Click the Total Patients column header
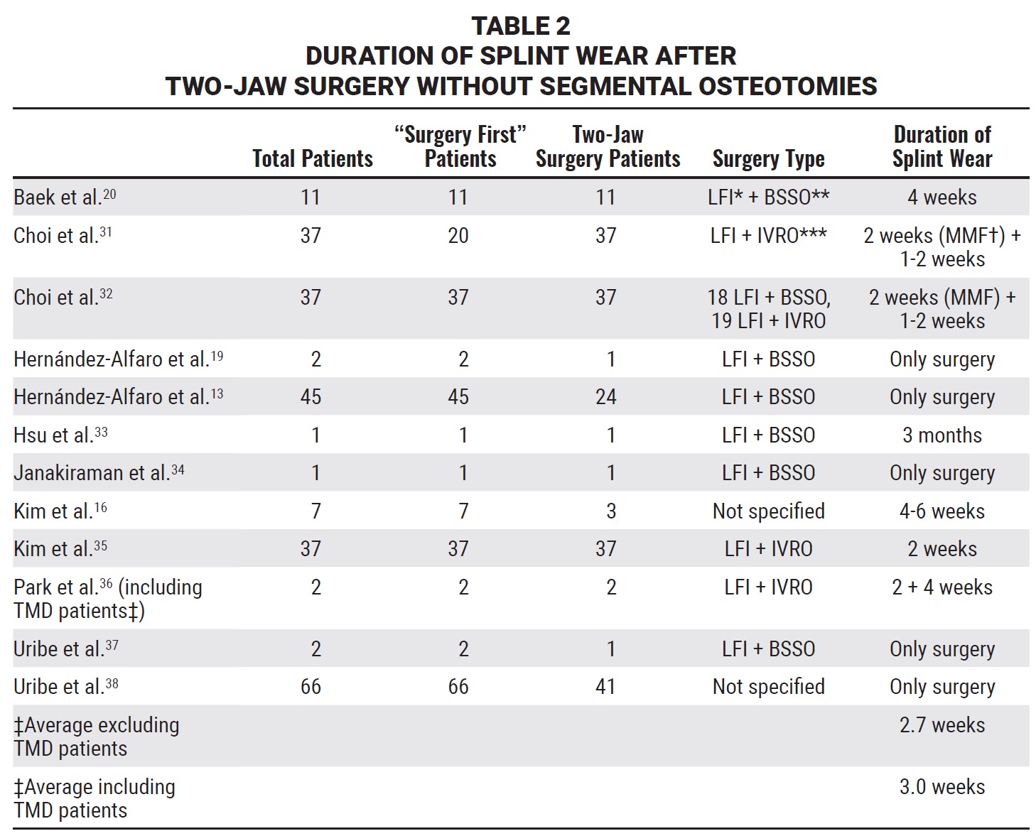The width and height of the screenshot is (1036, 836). coord(312,158)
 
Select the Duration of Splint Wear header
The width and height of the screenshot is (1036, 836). coord(942,146)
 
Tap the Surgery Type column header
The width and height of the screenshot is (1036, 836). coord(769,158)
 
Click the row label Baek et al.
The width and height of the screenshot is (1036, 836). coord(65,197)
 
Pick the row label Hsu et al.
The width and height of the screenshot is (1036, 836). coord(60,435)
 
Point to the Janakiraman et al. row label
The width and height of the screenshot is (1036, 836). coord(99,472)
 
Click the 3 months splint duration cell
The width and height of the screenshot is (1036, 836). coord(942,435)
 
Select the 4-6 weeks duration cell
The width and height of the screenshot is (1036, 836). coord(942,511)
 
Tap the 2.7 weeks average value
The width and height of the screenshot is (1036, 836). coord(942,724)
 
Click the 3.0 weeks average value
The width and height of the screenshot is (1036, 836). coord(942,786)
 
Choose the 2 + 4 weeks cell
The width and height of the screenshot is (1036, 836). coord(942,587)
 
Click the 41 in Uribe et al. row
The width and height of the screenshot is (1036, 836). coord(605,686)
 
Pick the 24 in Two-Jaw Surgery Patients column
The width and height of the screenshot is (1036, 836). coord(605,396)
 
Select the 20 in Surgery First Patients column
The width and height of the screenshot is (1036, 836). coord(458,235)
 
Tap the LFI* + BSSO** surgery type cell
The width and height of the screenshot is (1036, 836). coord(769,197)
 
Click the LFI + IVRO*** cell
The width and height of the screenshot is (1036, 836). coord(769,235)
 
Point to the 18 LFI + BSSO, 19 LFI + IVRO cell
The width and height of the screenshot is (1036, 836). coord(769,309)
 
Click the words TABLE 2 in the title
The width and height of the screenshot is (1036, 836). coord(520,26)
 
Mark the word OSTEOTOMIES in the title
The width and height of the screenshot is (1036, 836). coord(788,86)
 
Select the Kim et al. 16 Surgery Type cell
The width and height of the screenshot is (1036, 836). coord(769,511)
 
